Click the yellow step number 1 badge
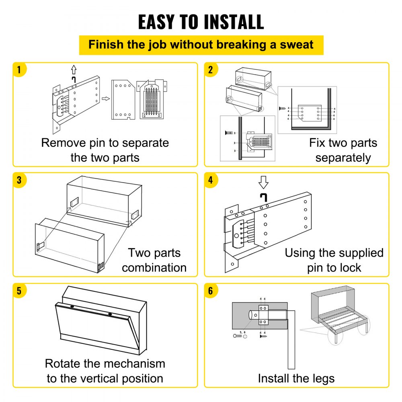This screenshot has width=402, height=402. (x=19, y=70)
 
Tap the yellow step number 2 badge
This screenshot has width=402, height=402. (x=211, y=70)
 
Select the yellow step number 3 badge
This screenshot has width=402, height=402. (x=19, y=180)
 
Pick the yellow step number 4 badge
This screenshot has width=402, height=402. (x=211, y=180)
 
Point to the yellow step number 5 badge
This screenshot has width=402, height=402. (x=19, y=291)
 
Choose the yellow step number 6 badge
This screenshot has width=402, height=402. (x=211, y=291)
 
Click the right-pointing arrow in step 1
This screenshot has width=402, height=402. (x=105, y=98)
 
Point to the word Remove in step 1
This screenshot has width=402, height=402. (x=64, y=143)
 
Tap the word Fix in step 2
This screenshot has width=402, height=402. (x=318, y=143)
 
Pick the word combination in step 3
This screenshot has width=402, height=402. (x=154, y=268)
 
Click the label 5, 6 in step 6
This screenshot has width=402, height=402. (x=242, y=332)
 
